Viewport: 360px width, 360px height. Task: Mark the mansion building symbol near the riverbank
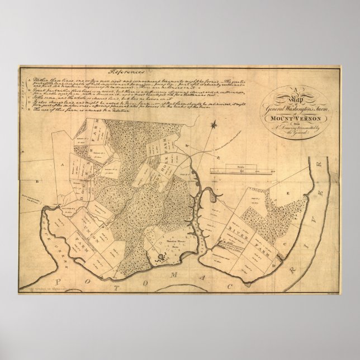(161, 258)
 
